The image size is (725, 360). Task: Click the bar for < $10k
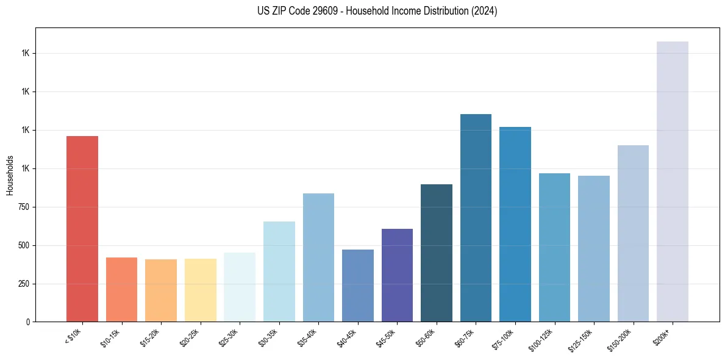coord(82,229)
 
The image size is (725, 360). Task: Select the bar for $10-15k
coord(121,289)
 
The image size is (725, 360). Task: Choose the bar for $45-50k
coord(397,275)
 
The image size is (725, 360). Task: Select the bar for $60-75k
coord(476,218)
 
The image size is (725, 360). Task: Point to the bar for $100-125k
coord(554,247)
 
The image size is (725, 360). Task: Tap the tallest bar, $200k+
coord(673,181)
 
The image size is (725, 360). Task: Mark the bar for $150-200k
coord(633,233)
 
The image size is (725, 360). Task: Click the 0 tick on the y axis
coord(29,322)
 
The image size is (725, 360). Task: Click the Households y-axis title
coord(10,175)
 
